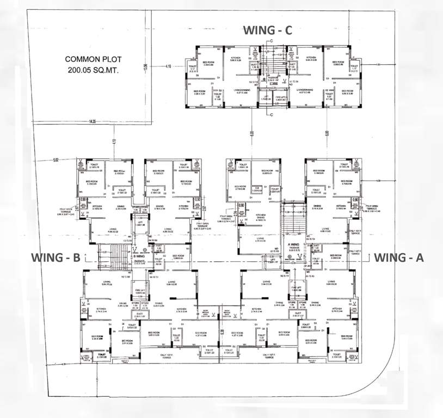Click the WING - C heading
click(268, 30)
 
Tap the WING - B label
click(55, 257)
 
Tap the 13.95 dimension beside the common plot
click(146, 67)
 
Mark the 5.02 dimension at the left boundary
click(56, 159)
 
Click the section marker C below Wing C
click(272, 114)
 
